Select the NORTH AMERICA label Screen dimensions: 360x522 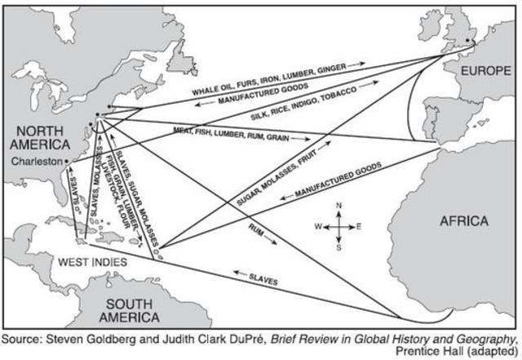pyautogui.click(x=37, y=139)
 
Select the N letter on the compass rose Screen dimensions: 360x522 pyautogui.click(x=340, y=206)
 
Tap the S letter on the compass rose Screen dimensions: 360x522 pyautogui.click(x=340, y=249)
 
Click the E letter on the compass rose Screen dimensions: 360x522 pyautogui.click(x=360, y=227)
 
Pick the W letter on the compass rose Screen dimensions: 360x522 pyautogui.click(x=319, y=227)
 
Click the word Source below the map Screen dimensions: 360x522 pyautogui.click(x=24, y=339)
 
